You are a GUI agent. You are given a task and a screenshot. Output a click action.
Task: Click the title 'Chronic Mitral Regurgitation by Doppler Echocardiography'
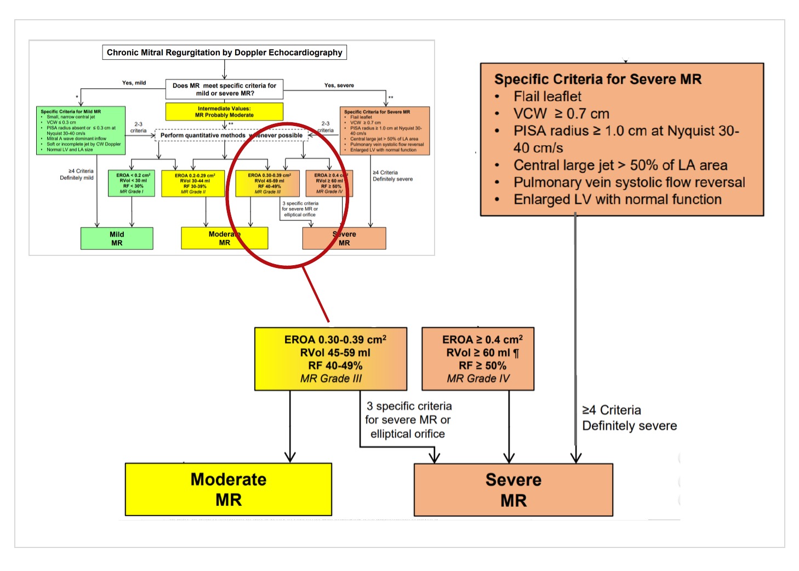click(x=224, y=53)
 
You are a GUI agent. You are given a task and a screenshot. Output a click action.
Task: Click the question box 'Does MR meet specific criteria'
click(x=224, y=89)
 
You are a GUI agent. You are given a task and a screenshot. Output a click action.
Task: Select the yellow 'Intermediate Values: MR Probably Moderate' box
click(x=224, y=112)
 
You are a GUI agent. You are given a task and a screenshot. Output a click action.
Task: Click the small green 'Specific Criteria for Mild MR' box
click(x=81, y=130)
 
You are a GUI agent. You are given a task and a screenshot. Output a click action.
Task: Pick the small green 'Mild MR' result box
click(x=117, y=238)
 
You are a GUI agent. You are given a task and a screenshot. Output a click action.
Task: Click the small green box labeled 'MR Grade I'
click(x=132, y=184)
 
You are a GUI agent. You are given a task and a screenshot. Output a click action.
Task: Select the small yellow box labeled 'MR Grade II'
click(x=193, y=184)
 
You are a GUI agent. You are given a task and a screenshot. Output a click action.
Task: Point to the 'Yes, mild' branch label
click(x=134, y=83)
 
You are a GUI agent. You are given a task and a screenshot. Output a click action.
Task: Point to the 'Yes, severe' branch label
click(x=339, y=85)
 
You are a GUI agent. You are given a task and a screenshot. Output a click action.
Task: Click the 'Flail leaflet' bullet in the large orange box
click(x=547, y=96)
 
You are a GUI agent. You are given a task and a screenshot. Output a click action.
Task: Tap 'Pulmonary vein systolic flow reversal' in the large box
click(x=629, y=182)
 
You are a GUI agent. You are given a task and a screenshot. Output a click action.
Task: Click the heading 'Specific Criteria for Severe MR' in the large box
click(x=597, y=79)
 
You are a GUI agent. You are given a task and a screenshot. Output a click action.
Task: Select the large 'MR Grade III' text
click(x=331, y=379)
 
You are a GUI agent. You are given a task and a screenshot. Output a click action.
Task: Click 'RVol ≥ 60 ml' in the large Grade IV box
click(x=478, y=353)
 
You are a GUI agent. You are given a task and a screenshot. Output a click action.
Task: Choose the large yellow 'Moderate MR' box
click(x=229, y=489)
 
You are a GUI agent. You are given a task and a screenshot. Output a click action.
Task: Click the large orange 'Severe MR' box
click(x=513, y=490)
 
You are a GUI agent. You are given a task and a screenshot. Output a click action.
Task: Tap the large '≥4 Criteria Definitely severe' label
click(x=629, y=418)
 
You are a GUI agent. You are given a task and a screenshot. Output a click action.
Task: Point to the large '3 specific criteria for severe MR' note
click(x=408, y=420)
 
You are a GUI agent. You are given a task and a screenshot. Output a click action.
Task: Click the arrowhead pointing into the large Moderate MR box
click(x=290, y=458)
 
